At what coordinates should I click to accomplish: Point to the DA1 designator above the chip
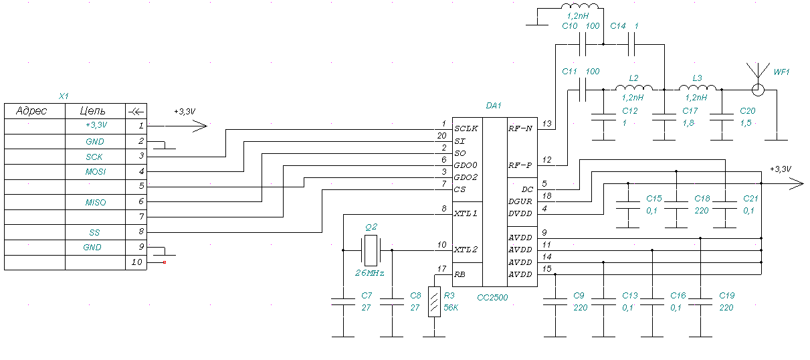[494, 106]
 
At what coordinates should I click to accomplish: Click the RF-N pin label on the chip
[520, 128]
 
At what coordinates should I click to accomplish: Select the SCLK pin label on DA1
[466, 128]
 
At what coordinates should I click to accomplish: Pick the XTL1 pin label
[466, 214]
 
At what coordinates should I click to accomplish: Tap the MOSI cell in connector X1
[95, 172]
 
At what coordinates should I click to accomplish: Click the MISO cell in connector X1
[95, 202]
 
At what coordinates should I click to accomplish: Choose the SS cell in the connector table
[95, 232]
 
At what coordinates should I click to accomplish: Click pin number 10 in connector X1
[137, 262]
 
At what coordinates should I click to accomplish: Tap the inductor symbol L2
[633, 88]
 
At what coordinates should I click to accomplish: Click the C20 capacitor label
[747, 111]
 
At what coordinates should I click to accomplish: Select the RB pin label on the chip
[462, 275]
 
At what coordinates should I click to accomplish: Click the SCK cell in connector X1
[95, 157]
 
